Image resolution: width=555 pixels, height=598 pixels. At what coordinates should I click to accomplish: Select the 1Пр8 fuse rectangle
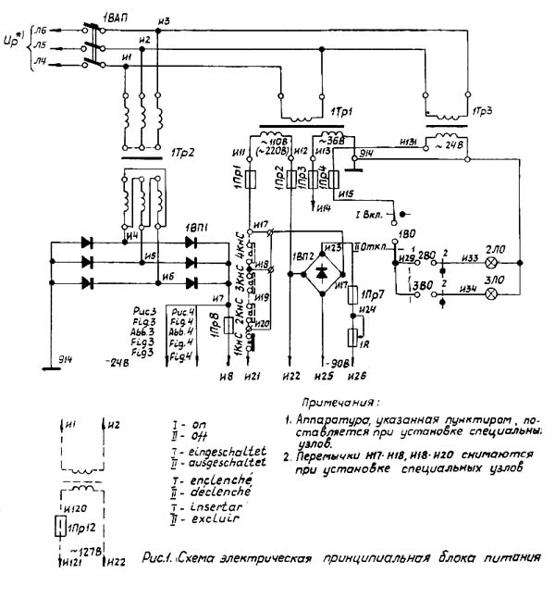click(x=229, y=325)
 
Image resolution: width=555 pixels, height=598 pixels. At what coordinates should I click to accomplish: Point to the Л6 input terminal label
click(x=40, y=30)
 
